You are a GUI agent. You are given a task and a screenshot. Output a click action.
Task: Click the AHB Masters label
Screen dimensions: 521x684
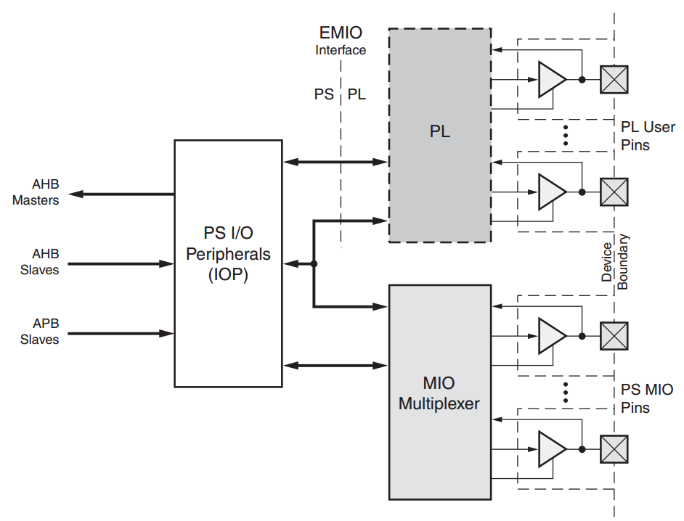coord(36,192)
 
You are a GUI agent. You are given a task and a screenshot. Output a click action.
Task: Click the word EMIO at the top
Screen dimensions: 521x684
coord(341,33)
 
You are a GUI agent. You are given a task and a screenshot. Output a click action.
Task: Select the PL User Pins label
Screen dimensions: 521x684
coord(647,136)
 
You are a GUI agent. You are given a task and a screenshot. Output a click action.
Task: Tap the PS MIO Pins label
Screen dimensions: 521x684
coord(646,399)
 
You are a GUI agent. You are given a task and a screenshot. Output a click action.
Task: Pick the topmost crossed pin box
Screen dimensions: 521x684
coord(614,79)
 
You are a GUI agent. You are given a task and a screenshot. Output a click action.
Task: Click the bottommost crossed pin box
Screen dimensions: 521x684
coord(614,449)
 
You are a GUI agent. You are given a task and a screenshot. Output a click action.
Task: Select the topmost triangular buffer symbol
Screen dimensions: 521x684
coord(551,79)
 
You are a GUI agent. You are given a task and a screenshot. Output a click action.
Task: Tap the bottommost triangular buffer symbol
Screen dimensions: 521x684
coord(551,449)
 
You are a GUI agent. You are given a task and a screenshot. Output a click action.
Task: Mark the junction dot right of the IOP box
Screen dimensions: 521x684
coord(314,263)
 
